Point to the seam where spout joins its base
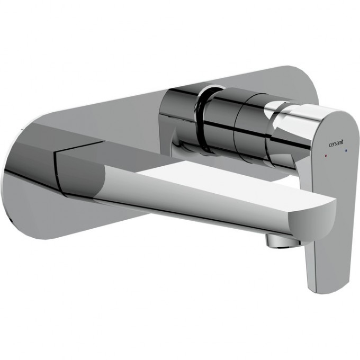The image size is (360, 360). tap(59, 164)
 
